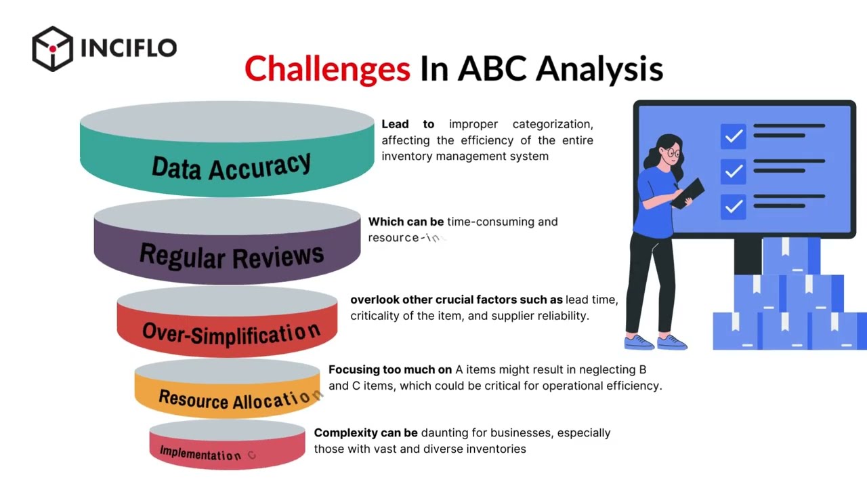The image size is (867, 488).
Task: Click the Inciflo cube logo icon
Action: point(52,48)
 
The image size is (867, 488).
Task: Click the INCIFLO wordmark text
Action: point(128,48)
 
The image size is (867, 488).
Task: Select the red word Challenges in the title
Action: point(327,69)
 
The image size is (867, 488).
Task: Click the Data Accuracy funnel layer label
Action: point(231,166)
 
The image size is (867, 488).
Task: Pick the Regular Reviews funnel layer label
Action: point(231,255)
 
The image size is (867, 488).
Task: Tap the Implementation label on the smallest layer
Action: point(200,453)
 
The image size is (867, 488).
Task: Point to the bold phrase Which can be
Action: point(406,222)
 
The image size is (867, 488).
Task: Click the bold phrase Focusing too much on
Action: point(390,369)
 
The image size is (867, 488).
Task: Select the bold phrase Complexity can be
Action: point(366,432)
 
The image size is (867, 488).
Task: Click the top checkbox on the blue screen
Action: point(733,136)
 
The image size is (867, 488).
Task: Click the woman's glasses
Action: point(673,154)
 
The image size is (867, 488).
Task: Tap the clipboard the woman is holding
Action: point(688,192)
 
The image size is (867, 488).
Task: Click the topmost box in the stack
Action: point(790,256)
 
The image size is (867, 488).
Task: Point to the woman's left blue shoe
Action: point(639,342)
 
